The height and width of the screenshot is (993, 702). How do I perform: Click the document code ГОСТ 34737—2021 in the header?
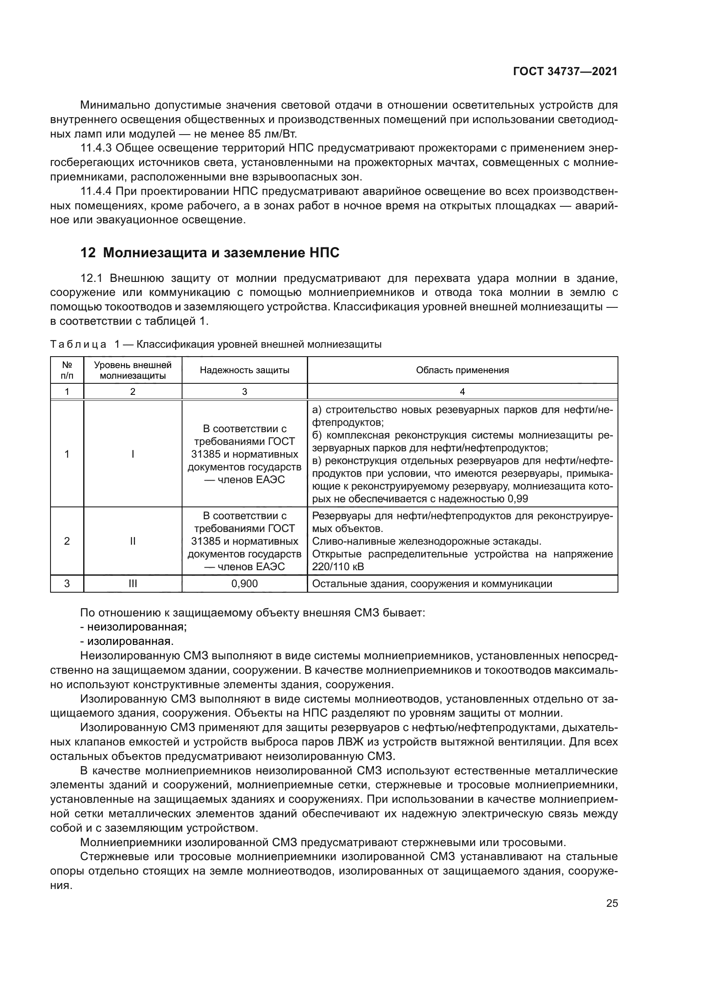(565, 71)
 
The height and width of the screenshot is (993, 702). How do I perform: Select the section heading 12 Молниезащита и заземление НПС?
(210, 253)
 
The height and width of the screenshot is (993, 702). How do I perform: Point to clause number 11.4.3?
(96, 148)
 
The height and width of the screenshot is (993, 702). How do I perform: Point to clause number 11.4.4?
(96, 191)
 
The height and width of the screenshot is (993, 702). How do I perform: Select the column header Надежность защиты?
(244, 370)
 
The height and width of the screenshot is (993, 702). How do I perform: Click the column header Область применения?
(462, 370)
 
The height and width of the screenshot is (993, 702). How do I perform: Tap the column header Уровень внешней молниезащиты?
(133, 370)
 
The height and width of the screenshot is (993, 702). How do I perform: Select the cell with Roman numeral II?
(133, 541)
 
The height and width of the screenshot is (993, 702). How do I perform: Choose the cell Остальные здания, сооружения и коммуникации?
(432, 584)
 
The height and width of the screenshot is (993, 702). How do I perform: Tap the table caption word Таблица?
(78, 345)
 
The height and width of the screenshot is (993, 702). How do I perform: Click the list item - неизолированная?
(134, 627)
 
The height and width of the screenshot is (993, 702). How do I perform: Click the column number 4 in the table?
(462, 392)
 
